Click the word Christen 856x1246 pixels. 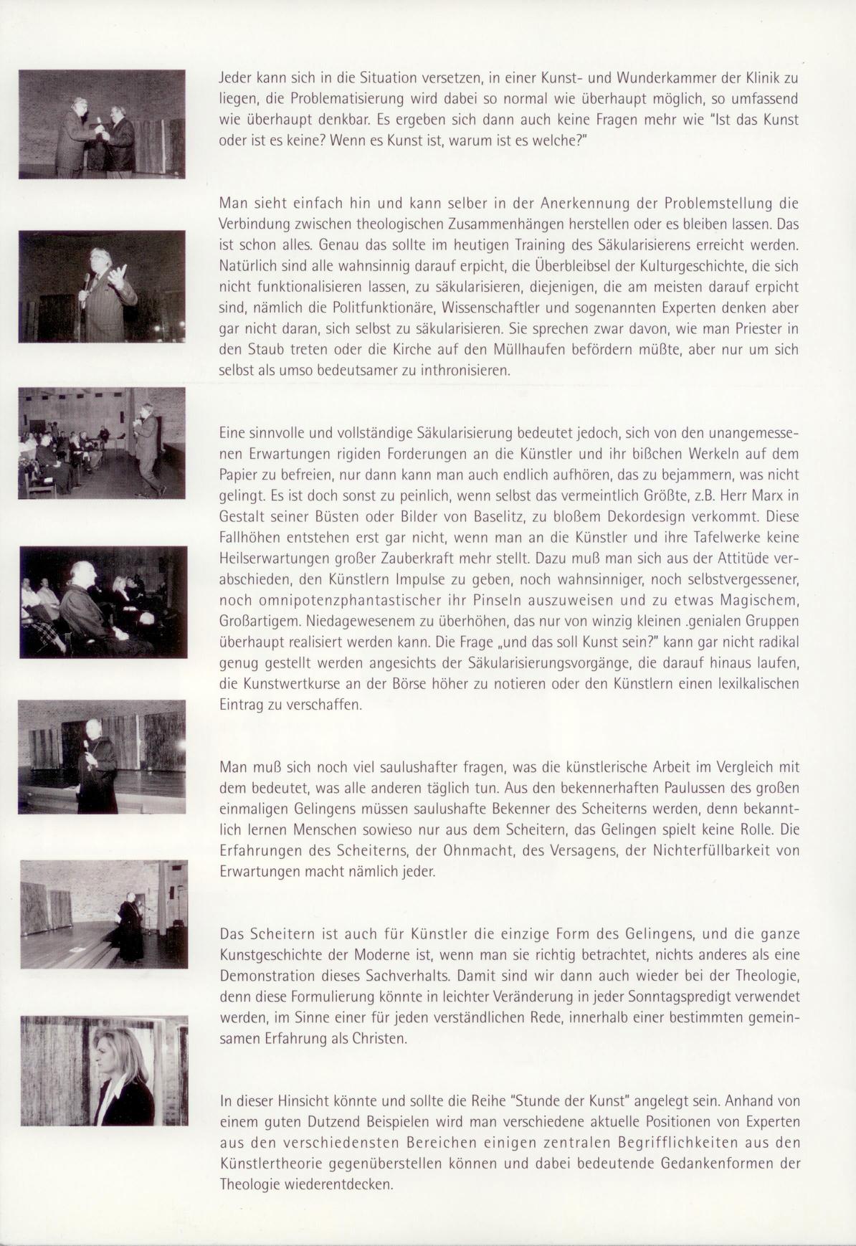[381, 1038]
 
